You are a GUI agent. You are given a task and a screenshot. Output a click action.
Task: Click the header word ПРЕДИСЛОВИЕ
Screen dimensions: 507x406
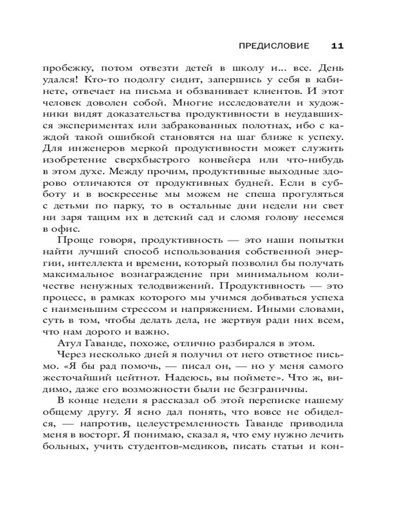tap(274, 46)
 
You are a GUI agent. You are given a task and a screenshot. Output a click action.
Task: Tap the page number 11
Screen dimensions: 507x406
tap(337, 46)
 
